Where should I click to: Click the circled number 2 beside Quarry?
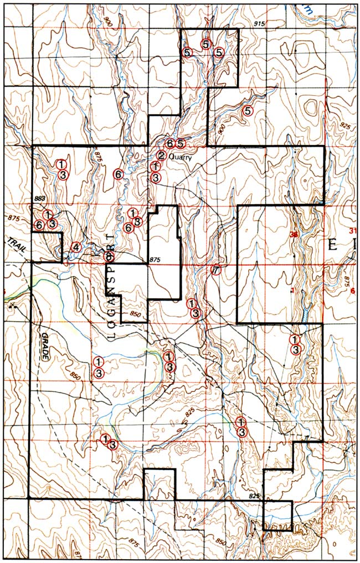161,156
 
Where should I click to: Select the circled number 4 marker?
76,247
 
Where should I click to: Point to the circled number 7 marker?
216,270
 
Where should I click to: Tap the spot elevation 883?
39,199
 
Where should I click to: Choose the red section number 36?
294,235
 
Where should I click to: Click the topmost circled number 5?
205,44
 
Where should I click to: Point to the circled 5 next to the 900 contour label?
248,110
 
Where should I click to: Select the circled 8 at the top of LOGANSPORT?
110,256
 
